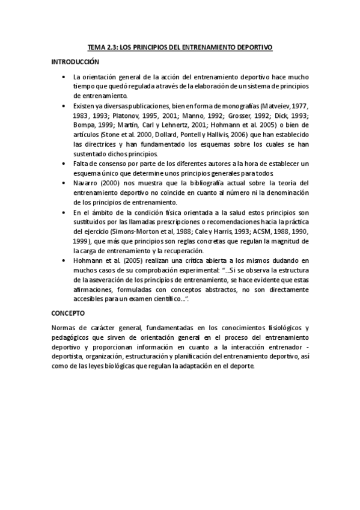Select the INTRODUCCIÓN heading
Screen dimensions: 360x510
coord(75,62)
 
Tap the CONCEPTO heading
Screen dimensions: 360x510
coord(68,313)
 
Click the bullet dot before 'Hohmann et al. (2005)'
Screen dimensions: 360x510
coord(64,260)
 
